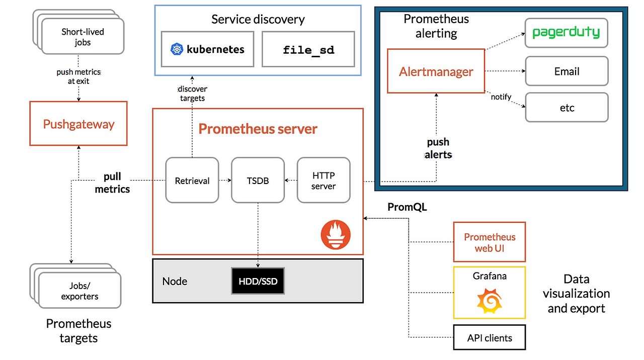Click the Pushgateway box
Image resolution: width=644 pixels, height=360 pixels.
[78, 124]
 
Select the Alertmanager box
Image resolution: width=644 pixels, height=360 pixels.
[436, 71]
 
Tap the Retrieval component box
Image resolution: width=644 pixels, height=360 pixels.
[192, 181]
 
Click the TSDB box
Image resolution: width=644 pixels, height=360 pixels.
[258, 181]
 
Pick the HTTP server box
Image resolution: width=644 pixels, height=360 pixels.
[324, 181]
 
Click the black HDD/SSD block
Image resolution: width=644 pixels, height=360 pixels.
[258, 282]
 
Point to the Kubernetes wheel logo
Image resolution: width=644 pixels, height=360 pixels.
[177, 49]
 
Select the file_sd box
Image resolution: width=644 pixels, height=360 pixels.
[308, 49]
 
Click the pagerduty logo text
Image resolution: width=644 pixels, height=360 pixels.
[566, 33]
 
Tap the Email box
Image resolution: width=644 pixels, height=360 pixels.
[567, 71]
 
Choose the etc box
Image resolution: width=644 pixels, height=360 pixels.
[567, 108]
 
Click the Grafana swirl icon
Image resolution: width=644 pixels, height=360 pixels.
[489, 300]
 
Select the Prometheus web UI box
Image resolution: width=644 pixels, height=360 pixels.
[489, 242]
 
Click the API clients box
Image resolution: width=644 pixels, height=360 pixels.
[489, 338]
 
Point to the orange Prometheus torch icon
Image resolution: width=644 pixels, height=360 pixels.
[336, 235]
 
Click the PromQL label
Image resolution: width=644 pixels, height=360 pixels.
[407, 207]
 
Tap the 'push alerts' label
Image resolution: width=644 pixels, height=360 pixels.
[438, 148]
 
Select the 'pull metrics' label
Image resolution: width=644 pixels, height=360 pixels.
[112, 183]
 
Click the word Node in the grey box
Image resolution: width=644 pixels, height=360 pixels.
[175, 282]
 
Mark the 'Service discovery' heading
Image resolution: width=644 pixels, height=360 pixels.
[258, 20]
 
